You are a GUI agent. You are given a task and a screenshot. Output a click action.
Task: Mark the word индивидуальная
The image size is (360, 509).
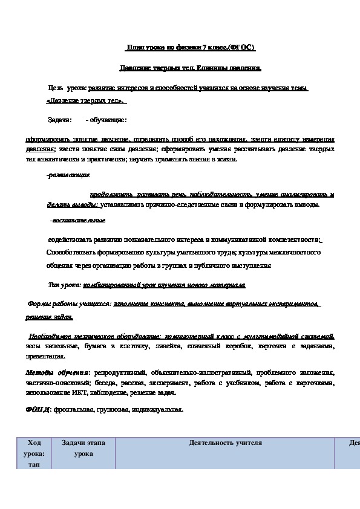coord(159,410)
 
